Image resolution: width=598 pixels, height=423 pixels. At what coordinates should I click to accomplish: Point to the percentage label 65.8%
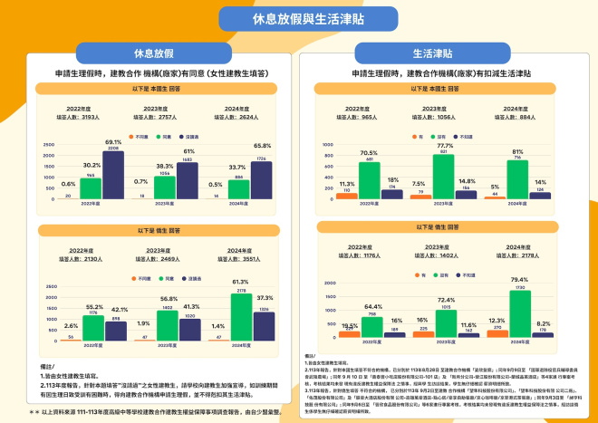[262, 145]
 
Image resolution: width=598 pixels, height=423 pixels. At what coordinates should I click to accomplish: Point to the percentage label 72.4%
[445, 299]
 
